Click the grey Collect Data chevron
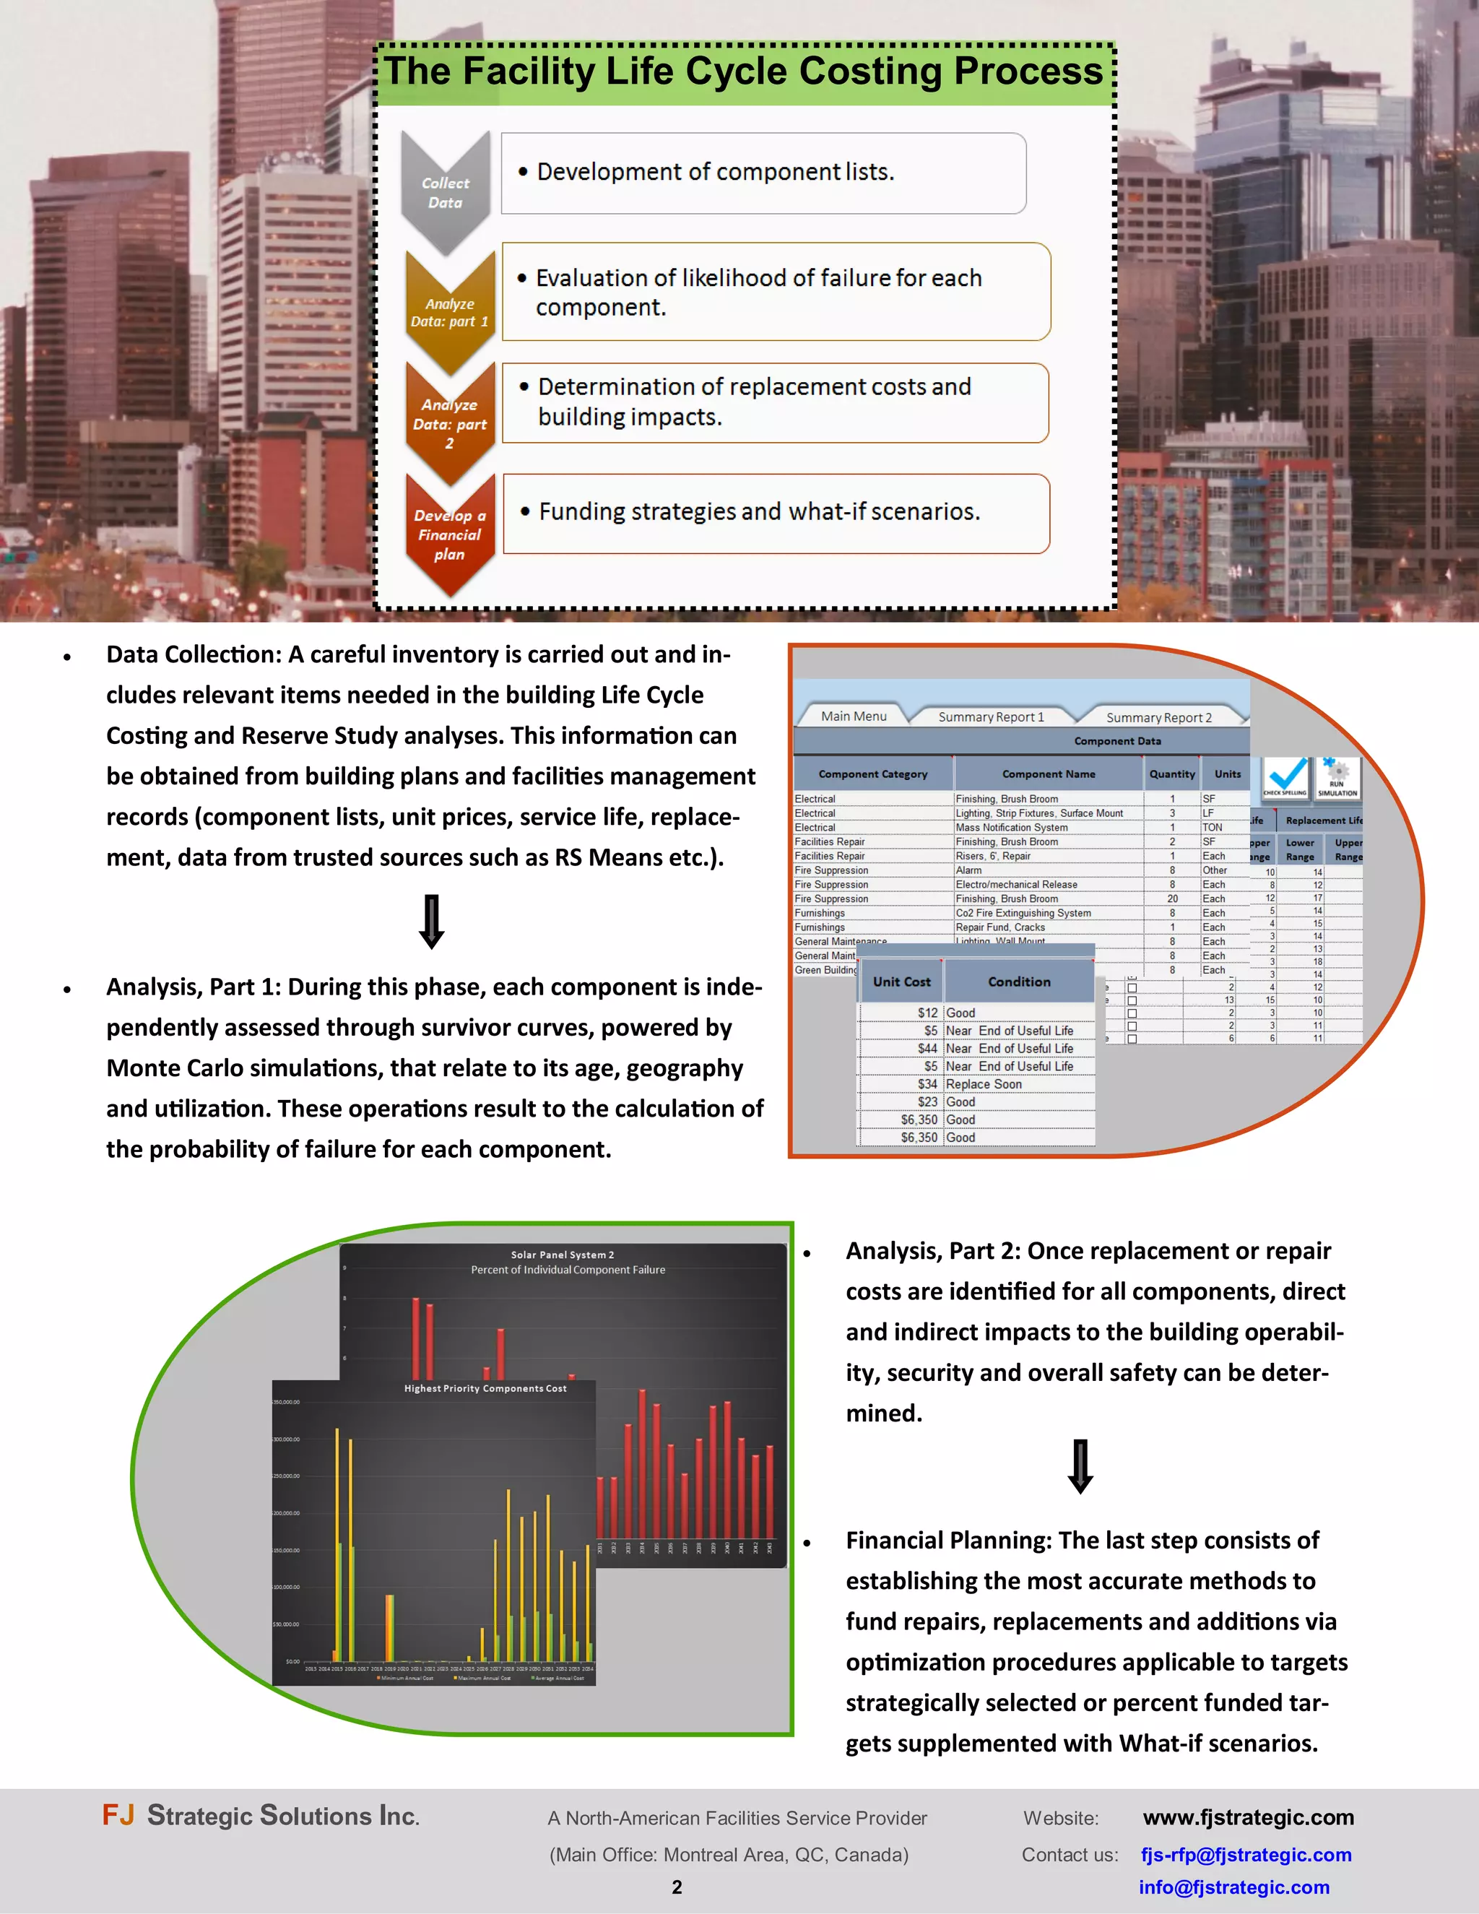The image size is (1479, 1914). (445, 192)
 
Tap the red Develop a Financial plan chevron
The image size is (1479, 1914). (449, 534)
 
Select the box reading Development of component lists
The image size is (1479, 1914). (763, 173)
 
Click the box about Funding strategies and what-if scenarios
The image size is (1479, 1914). (776, 513)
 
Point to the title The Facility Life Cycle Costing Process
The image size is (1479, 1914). (744, 72)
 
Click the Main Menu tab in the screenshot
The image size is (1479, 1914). (854, 716)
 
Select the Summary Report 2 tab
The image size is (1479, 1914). (1158, 717)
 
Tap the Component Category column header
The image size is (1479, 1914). (872, 774)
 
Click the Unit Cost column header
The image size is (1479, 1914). (901, 982)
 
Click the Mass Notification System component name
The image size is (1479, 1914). (1011, 827)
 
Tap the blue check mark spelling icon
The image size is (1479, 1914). (1285, 776)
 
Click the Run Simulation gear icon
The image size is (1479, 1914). (1337, 776)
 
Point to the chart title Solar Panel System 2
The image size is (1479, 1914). (563, 1254)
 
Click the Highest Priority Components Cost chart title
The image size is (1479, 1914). (485, 1388)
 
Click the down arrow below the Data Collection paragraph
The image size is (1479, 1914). (431, 921)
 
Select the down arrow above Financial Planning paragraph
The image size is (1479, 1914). (1080, 1466)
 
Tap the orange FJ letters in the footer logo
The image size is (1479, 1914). (118, 1814)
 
